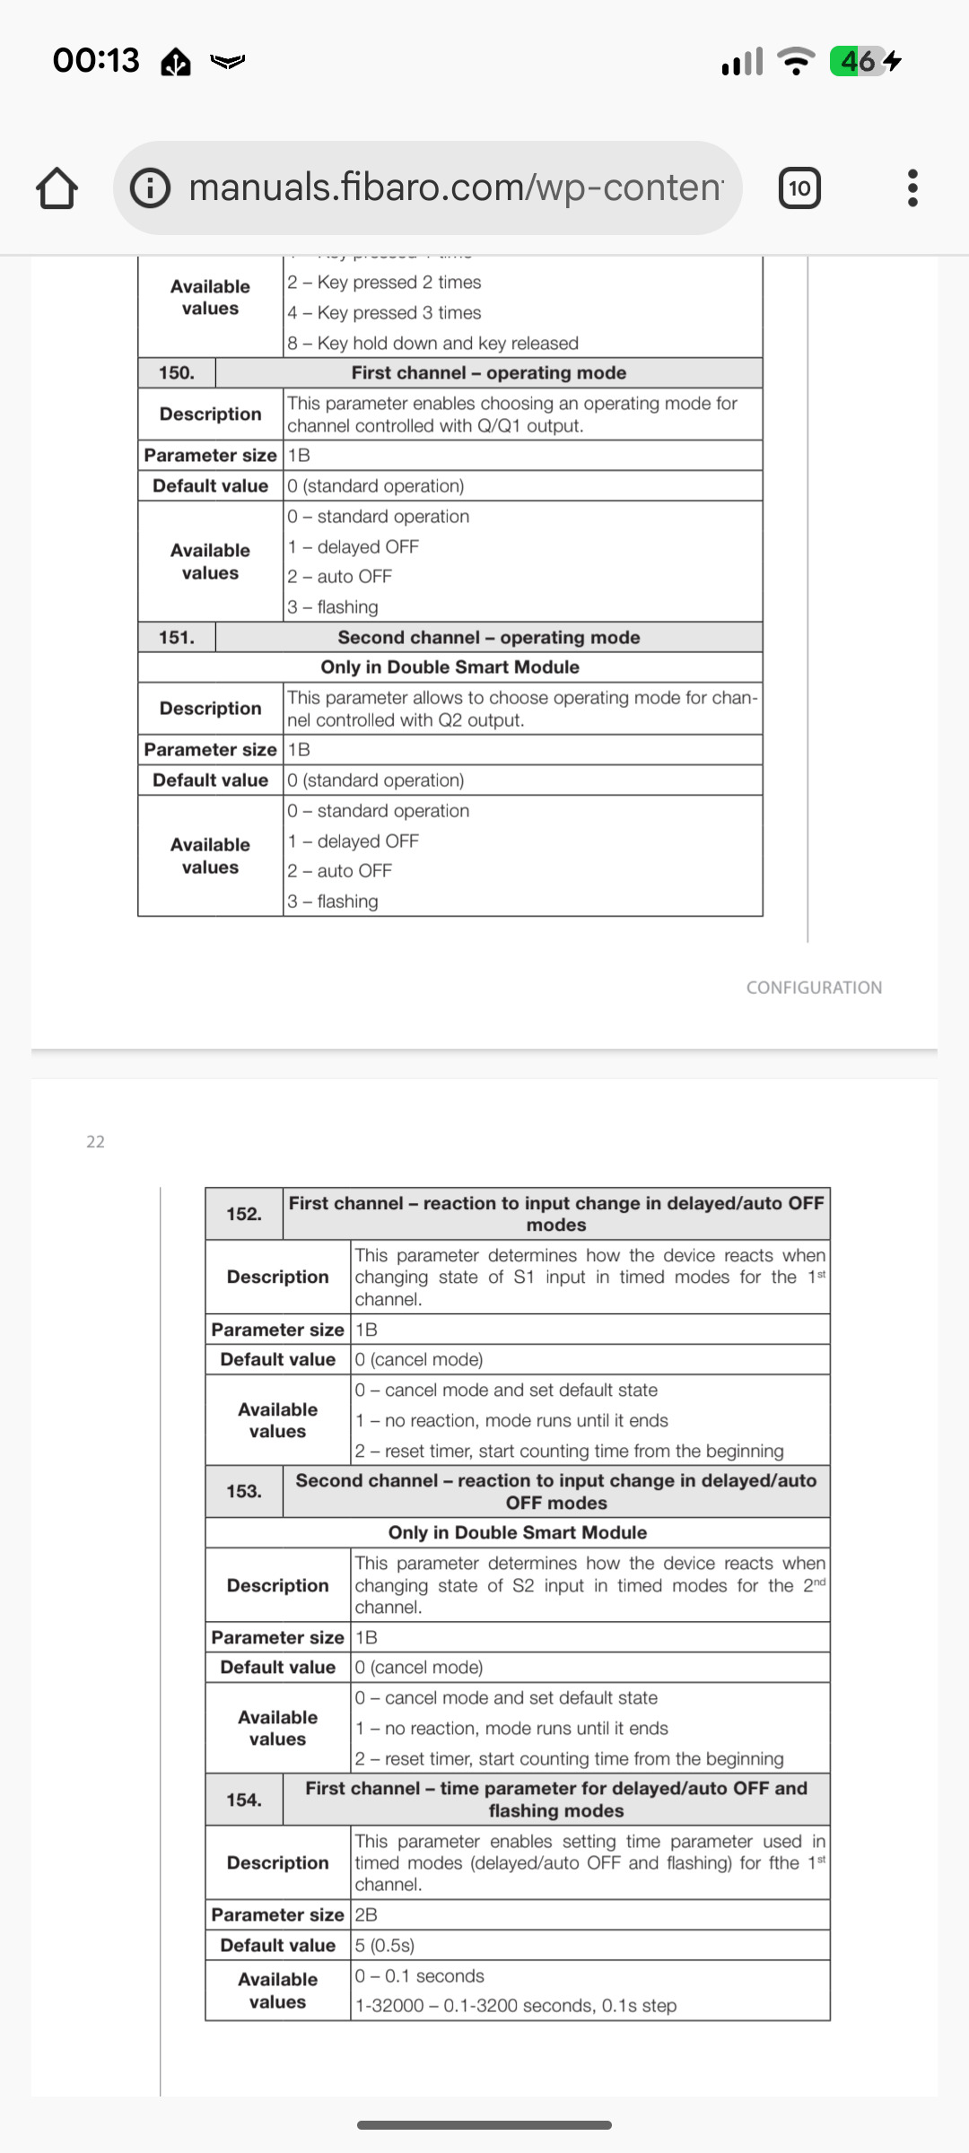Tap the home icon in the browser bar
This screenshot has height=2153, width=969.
coord(57,188)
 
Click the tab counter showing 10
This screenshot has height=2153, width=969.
coord(799,188)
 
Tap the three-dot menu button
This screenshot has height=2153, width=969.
coord(912,188)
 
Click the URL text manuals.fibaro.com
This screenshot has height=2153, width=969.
coord(456,187)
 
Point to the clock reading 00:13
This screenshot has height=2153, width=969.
coord(96,61)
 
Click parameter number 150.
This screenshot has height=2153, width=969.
coord(177,373)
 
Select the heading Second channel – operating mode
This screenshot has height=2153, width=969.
coord(489,638)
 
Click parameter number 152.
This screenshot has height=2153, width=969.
coord(244,1214)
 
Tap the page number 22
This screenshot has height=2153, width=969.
coord(95,1141)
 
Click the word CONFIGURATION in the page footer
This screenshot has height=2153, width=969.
coord(814,988)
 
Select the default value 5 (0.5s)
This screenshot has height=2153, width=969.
coord(385,1945)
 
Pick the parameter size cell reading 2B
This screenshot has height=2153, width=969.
coord(366,1914)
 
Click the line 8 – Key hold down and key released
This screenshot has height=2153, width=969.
coord(432,344)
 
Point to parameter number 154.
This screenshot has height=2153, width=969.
coord(244,1800)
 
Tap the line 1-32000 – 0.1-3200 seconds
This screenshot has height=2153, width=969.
coord(516,2006)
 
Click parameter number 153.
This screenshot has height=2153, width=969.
coord(244,1491)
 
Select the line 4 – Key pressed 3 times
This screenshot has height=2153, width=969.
coord(384,313)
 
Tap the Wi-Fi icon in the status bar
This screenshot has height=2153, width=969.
coord(795,61)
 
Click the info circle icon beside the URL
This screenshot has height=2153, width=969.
coord(151,188)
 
